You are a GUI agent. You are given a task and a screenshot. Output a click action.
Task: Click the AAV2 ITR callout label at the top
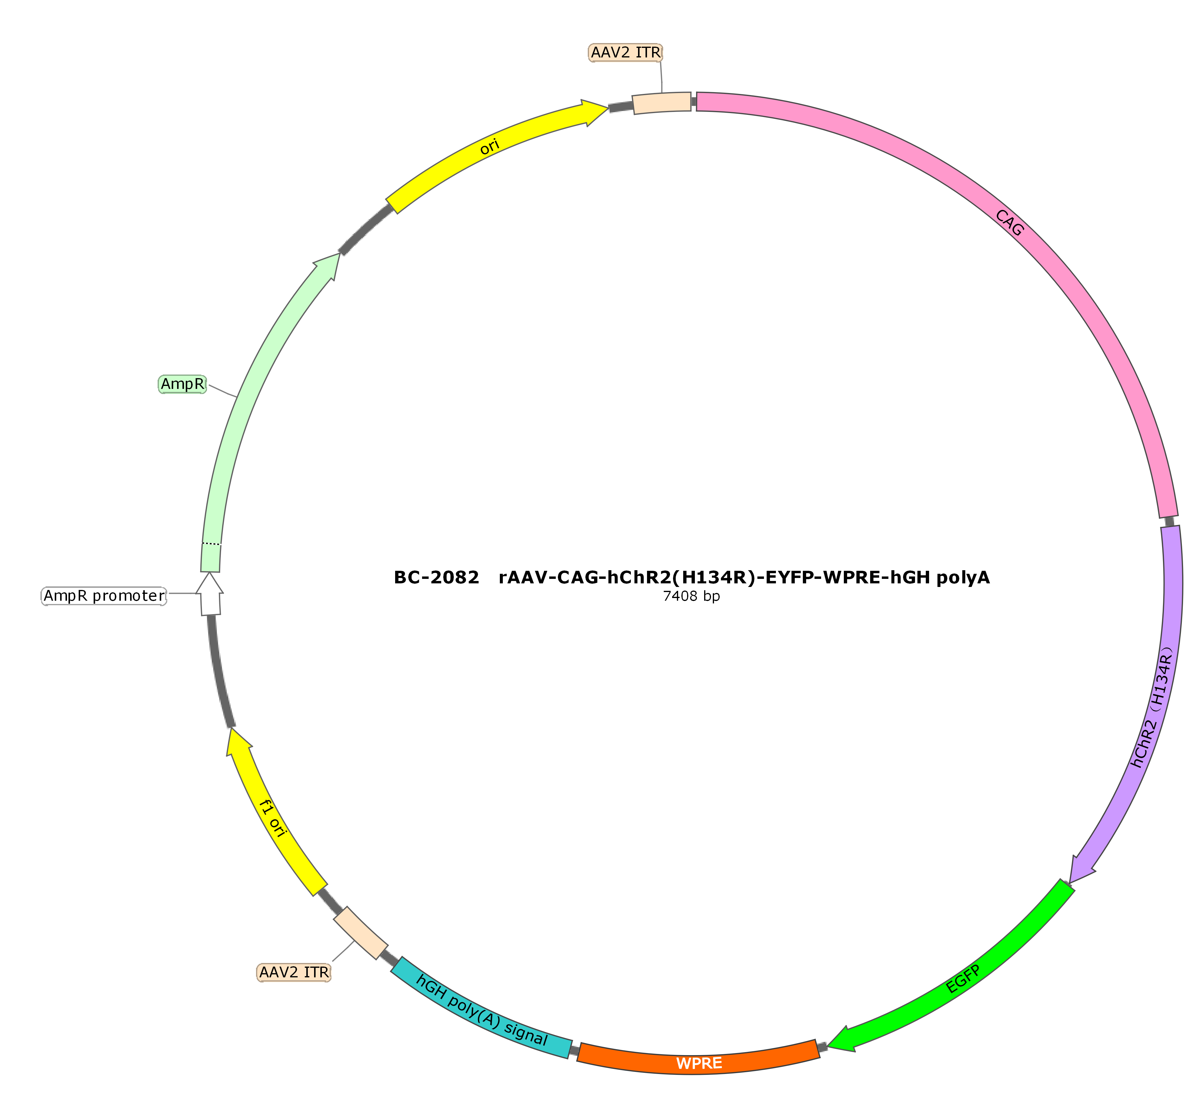click(625, 53)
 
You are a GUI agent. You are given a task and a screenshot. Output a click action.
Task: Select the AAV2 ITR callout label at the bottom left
click(294, 972)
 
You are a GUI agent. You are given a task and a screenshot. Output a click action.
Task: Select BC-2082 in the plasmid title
click(436, 578)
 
